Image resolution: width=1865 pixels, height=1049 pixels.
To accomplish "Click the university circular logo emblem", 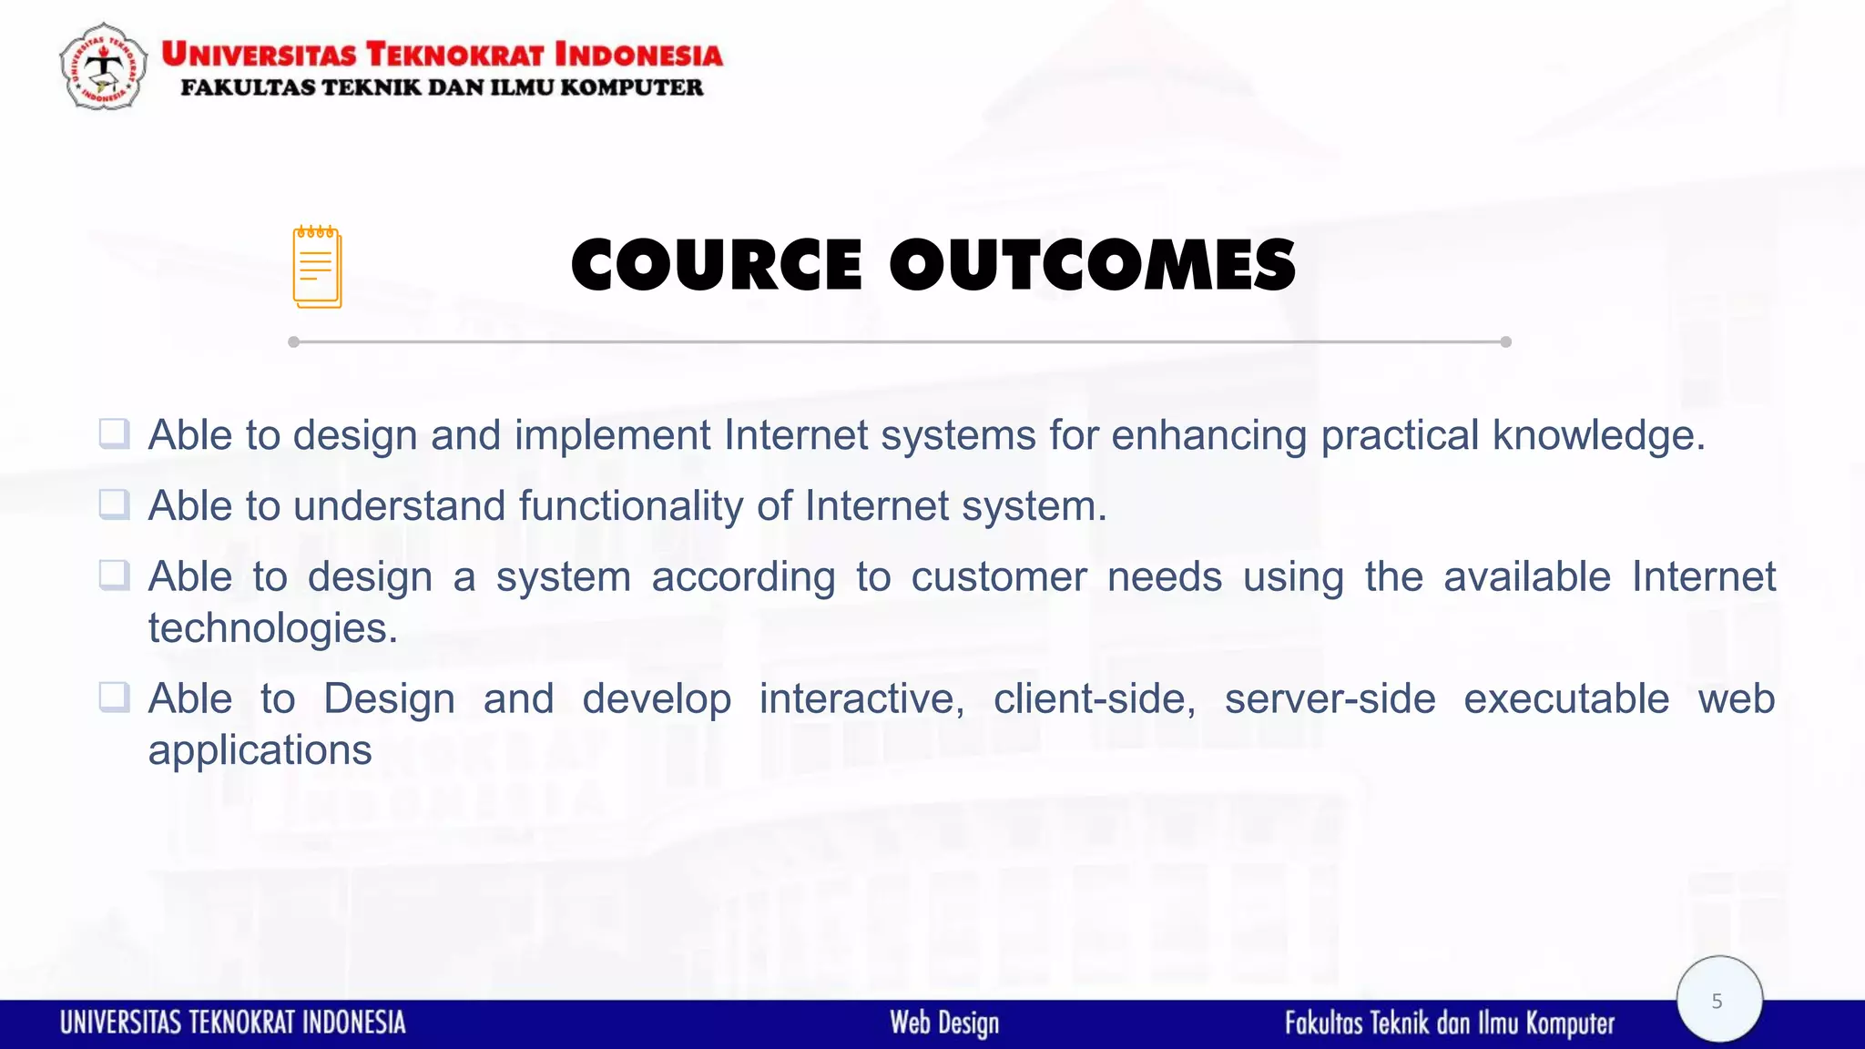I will [x=103, y=66].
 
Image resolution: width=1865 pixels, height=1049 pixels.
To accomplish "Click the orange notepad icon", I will [x=317, y=267].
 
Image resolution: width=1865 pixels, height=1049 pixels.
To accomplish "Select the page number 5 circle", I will [x=1718, y=1000].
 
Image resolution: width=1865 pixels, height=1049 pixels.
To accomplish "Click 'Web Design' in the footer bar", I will [x=944, y=1023].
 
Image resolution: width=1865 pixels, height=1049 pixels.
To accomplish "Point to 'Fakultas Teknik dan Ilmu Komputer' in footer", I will [x=1449, y=1023].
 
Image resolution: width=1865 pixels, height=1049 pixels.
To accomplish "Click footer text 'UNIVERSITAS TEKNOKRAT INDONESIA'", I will [x=233, y=1023].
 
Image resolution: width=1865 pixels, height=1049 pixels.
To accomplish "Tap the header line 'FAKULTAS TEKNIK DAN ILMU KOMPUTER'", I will [x=442, y=87].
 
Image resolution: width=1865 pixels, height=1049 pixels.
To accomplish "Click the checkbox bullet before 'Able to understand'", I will [x=114, y=504].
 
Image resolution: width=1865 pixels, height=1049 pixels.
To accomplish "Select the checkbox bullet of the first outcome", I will [x=114, y=433].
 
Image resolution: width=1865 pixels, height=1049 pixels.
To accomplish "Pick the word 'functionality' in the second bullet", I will [x=630, y=506].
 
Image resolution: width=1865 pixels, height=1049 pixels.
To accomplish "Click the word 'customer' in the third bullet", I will [x=999, y=577].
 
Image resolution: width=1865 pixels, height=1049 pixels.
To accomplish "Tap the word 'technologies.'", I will [x=273, y=628].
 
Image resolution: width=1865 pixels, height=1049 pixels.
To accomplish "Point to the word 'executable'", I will [x=1566, y=699].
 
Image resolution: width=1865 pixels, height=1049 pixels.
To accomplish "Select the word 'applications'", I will [x=260, y=751].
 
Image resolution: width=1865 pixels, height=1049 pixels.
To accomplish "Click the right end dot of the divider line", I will [x=1505, y=342].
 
